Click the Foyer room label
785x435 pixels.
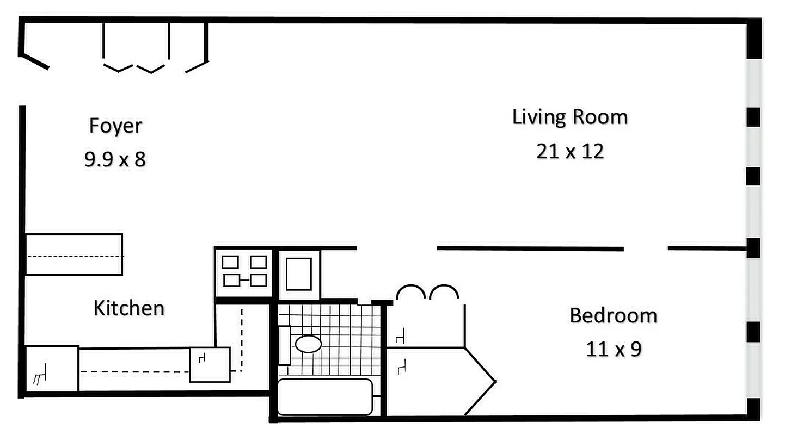coord(115,126)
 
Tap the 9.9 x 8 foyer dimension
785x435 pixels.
coord(115,160)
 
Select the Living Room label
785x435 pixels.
coord(569,117)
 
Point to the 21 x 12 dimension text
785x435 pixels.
coord(570,151)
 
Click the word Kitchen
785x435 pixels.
coord(129,308)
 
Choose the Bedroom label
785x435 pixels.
coord(613,315)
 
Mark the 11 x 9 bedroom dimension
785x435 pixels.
coord(614,349)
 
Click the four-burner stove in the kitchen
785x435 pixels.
coord(245,271)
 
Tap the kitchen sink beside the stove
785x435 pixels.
coord(299,274)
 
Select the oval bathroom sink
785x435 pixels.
coord(308,344)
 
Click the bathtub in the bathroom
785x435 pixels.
coord(325,397)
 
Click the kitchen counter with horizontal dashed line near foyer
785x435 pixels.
coord(74,254)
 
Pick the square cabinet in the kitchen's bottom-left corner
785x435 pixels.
coord(52,369)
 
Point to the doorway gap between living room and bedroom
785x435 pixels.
coord(646,248)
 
